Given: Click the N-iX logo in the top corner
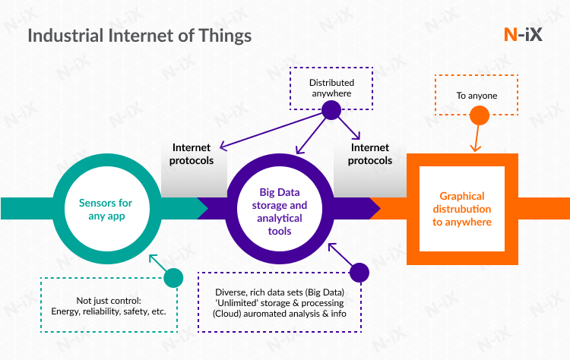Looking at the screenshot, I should (523, 34).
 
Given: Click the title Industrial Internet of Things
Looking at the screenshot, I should (139, 35).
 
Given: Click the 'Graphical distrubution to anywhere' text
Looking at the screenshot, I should (462, 209).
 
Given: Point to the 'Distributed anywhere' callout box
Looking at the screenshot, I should (331, 88).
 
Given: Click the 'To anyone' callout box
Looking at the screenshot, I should (477, 96).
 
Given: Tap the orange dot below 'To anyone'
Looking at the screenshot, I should (479, 115).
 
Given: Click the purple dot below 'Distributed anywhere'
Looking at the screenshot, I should (331, 110).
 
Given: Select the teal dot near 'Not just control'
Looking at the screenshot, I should (173, 278).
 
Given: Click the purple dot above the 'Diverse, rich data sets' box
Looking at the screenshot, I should (359, 273).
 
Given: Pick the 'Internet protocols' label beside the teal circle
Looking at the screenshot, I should (193, 154).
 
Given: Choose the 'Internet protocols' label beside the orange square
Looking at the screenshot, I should (371, 154).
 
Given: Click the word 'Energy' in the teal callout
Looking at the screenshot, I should (69, 311).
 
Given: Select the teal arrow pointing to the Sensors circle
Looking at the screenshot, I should (156, 261).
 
